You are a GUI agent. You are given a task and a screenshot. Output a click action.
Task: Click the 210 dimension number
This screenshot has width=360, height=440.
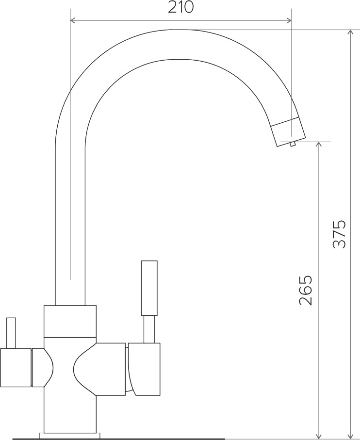[180, 7]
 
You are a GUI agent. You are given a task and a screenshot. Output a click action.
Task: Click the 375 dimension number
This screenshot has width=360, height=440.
[339, 234]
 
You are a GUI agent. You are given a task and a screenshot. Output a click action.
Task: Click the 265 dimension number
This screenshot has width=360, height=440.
[306, 290]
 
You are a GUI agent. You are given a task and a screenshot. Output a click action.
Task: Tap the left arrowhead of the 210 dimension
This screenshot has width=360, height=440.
[72, 20]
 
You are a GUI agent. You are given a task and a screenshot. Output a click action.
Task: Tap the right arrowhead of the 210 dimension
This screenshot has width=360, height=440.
[289, 20]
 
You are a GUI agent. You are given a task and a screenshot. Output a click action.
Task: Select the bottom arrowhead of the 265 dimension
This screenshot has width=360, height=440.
[318, 435]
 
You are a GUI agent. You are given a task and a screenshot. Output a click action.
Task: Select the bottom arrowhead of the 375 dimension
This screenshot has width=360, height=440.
[350, 435]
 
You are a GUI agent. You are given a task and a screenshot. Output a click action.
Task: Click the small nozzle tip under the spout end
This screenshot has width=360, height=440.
[293, 144]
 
